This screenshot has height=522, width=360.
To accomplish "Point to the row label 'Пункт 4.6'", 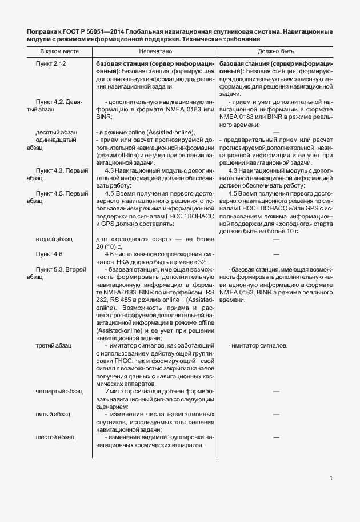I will [49, 253].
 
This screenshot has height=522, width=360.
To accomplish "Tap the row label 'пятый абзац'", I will [53, 414].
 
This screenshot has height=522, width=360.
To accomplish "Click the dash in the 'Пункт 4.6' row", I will [275, 253].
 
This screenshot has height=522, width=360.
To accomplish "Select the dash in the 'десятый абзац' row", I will [275, 132].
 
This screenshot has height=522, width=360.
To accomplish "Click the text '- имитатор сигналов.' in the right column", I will [258, 346].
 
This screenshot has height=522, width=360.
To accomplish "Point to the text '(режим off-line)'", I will [118, 155].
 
